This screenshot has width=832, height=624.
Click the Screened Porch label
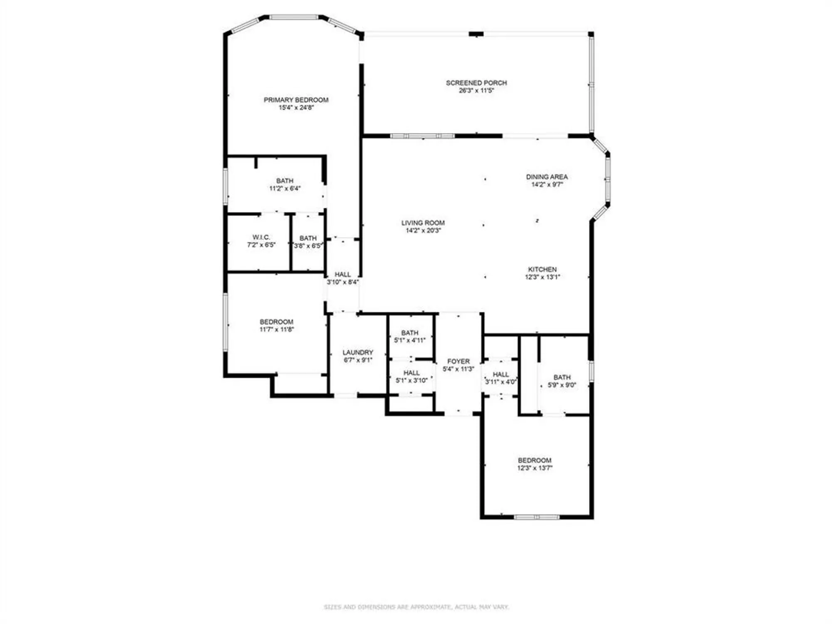(476, 83)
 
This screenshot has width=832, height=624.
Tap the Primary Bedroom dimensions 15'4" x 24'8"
(296, 108)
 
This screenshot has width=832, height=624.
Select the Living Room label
(423, 223)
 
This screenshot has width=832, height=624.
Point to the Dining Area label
(547, 177)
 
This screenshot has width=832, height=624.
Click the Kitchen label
(542, 270)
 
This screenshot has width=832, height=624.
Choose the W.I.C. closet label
(261, 237)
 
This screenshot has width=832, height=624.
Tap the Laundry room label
(358, 352)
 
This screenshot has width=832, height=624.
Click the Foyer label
(458, 362)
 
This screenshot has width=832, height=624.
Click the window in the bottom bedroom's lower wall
(537, 517)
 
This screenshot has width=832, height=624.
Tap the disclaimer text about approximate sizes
(416, 607)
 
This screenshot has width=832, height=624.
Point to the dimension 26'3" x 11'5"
(476, 91)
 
